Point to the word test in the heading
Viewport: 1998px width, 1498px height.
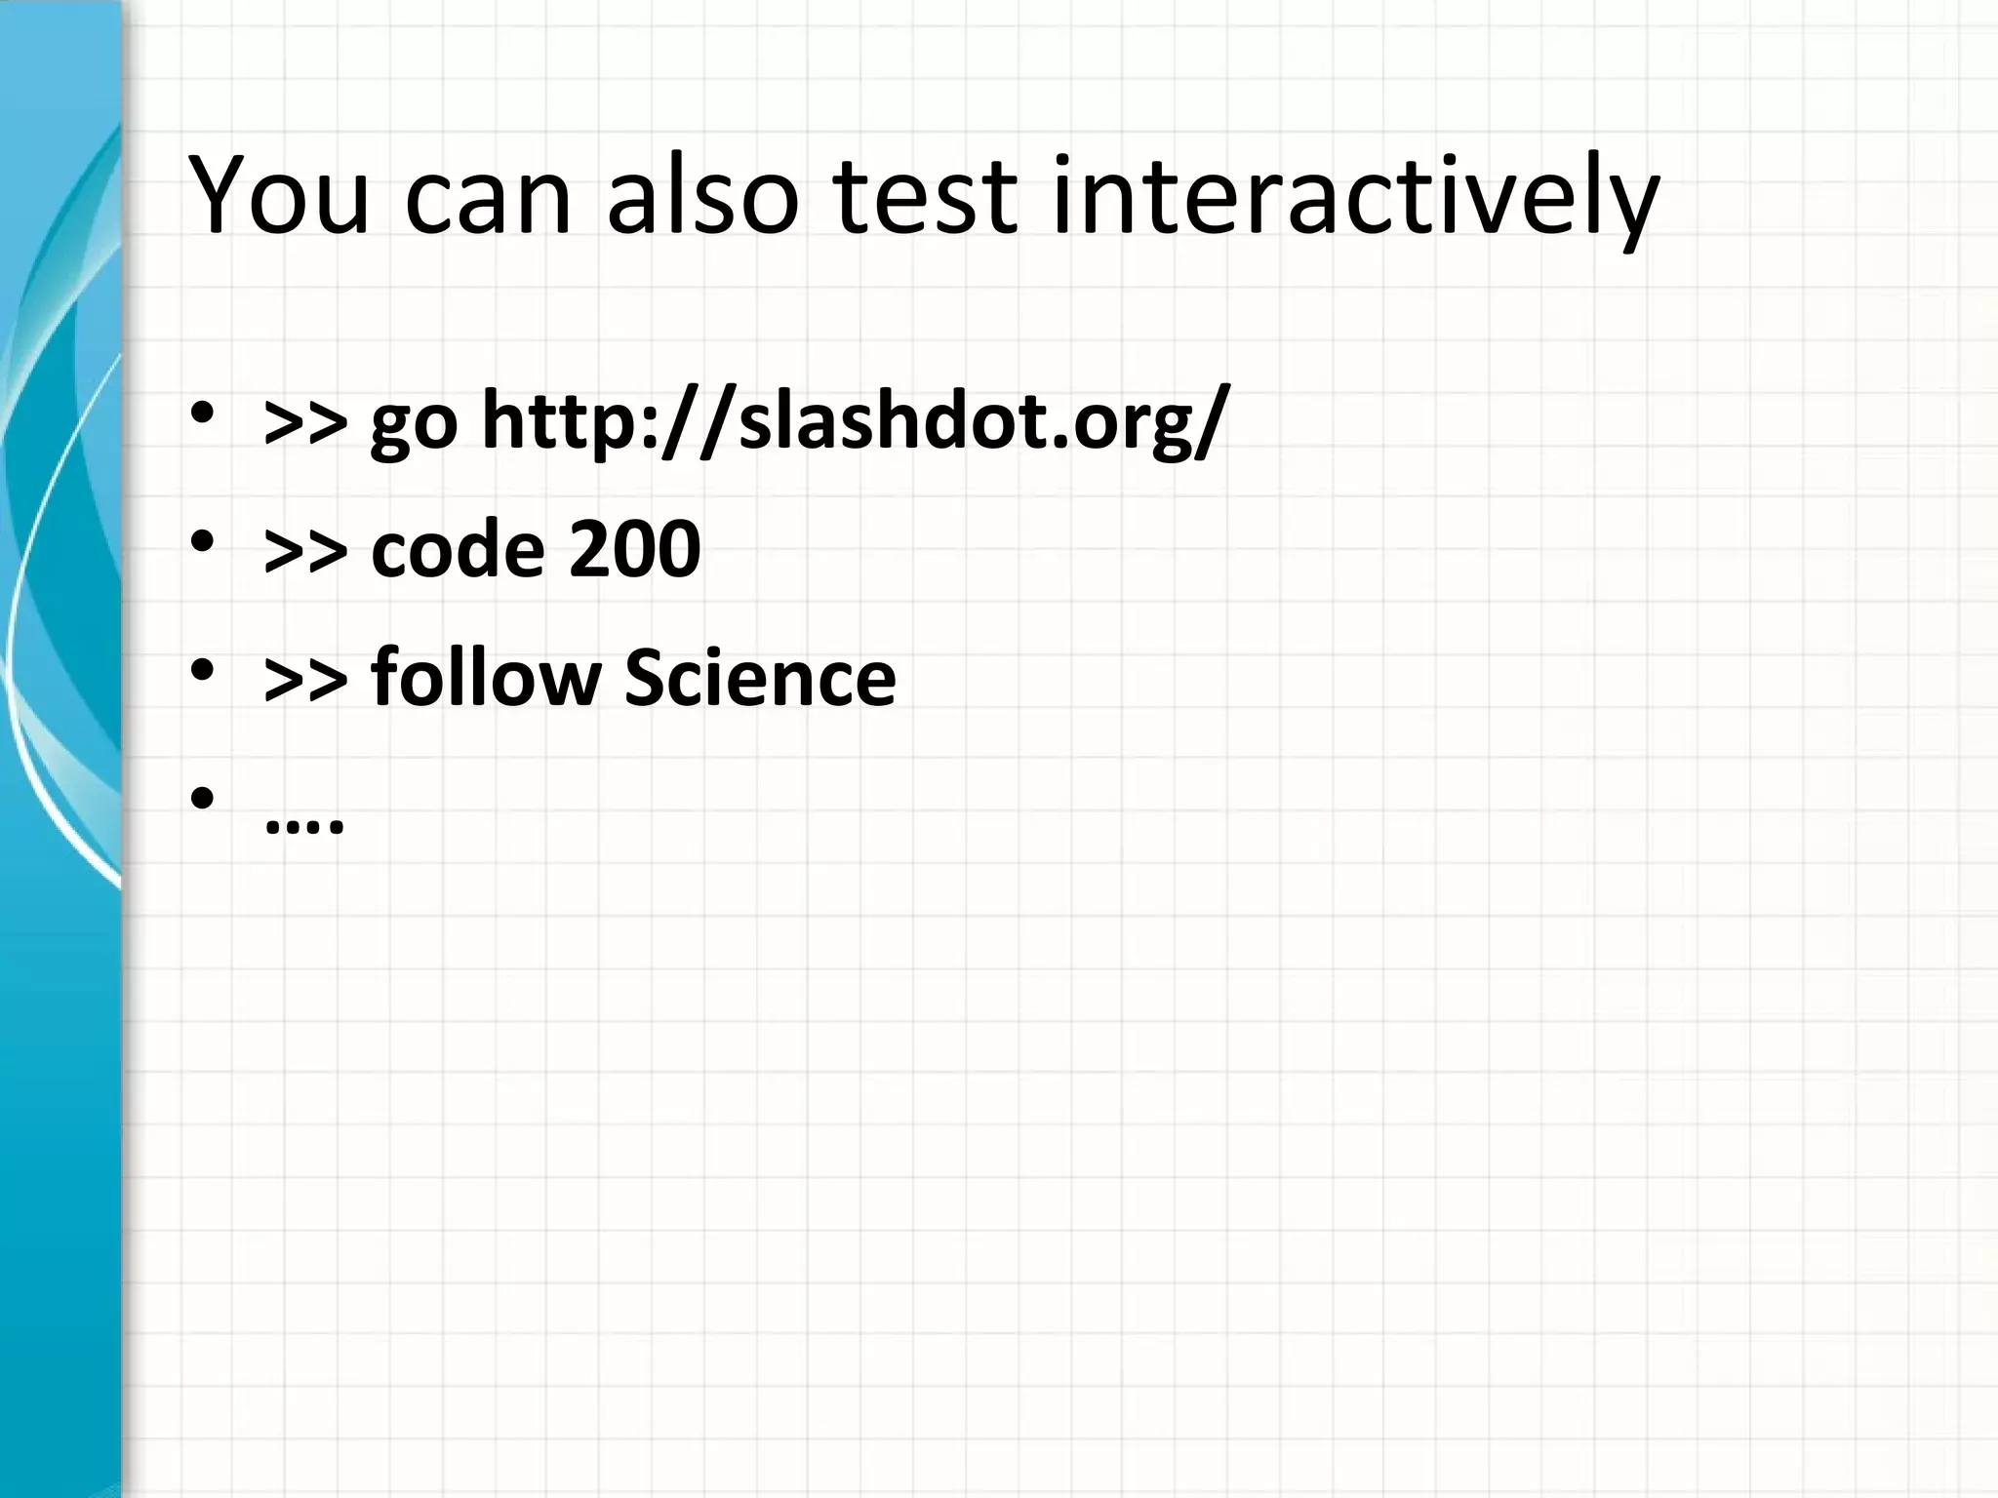(925, 198)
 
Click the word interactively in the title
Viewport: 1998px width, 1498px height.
(1355, 198)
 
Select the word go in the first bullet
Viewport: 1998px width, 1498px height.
(414, 429)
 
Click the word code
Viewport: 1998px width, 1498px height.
(457, 548)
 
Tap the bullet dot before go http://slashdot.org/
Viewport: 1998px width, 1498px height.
(202, 414)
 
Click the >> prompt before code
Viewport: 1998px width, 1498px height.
(305, 552)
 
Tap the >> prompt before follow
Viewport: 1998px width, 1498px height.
(305, 680)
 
